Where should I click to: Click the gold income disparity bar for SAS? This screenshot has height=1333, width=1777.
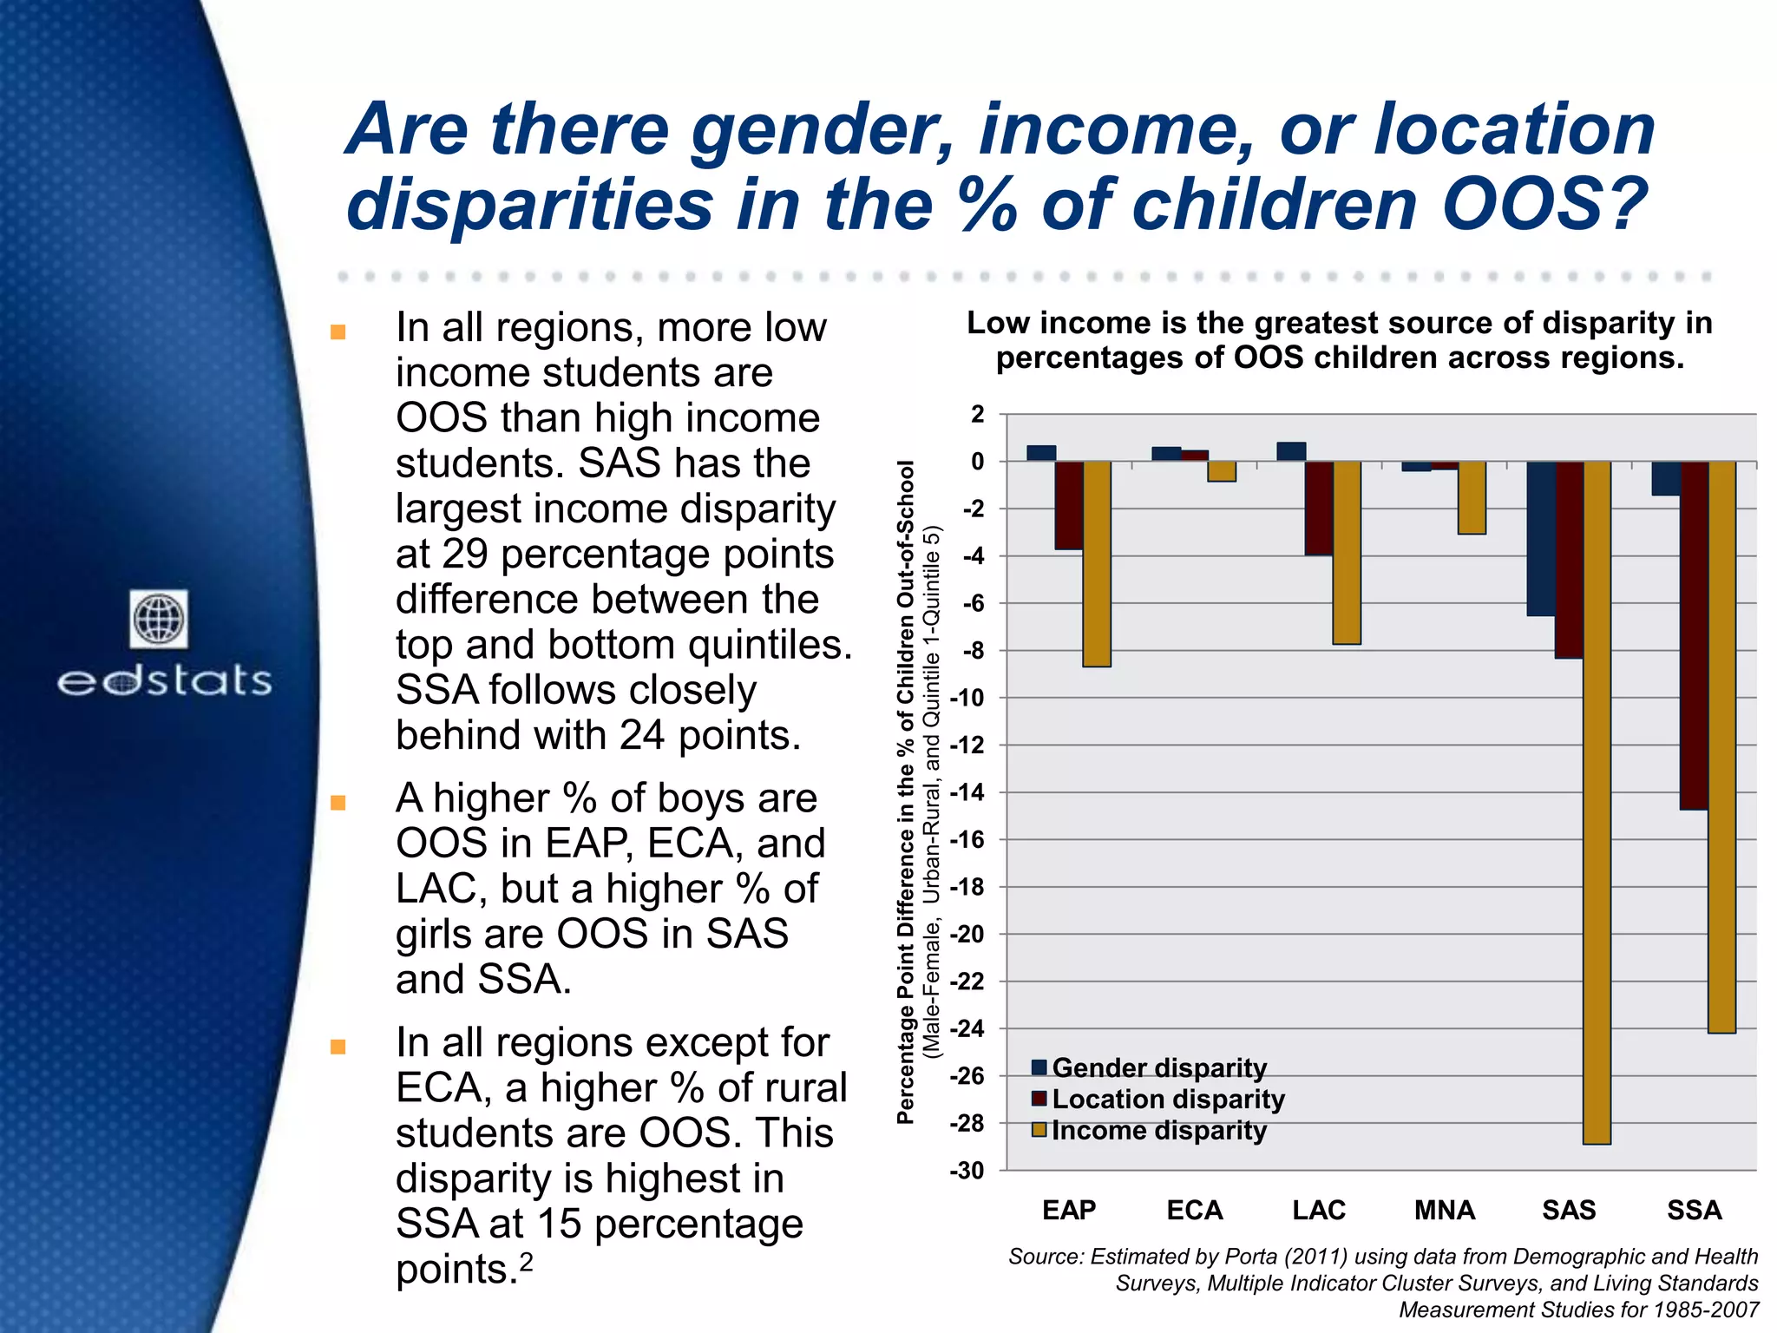[x=1597, y=803]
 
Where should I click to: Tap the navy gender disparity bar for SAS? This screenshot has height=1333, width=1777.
[x=1541, y=538]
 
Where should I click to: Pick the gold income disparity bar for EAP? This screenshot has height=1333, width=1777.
[x=1097, y=564]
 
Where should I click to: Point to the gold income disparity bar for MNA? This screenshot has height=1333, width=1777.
[x=1472, y=497]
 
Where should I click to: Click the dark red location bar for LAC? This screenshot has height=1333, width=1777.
[x=1319, y=508]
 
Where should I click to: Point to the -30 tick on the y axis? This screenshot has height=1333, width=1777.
[x=967, y=1171]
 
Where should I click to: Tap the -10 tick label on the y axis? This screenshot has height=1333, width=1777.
[x=967, y=698]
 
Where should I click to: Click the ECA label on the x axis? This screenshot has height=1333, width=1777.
[x=1194, y=1210]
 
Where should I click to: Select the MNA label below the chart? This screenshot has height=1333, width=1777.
[x=1444, y=1210]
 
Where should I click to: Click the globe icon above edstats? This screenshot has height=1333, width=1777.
[x=159, y=619]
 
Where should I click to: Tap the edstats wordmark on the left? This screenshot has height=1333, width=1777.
[x=164, y=681]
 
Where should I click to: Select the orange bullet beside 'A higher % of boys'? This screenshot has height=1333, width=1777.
[x=338, y=802]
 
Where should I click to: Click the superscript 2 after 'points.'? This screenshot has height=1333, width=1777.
[x=525, y=1259]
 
